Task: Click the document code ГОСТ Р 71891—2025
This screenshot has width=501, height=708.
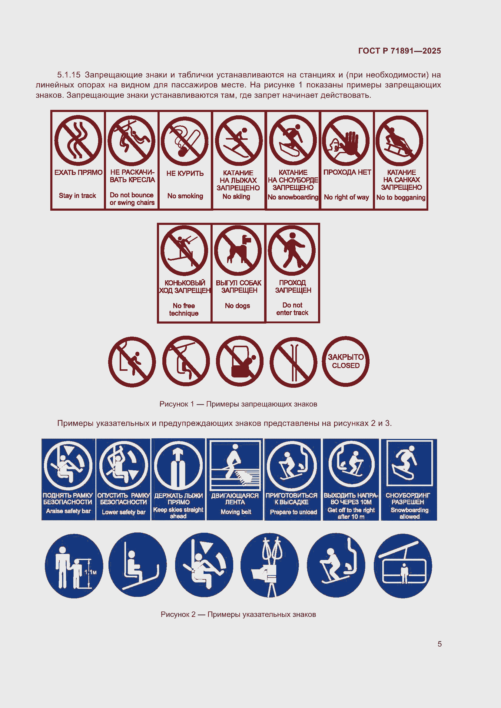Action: pyautogui.click(x=399, y=51)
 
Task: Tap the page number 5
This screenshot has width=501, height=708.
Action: pyautogui.click(x=439, y=644)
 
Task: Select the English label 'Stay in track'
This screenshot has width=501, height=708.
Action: pyautogui.click(x=78, y=196)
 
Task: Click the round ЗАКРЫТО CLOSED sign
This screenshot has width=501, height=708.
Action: pyautogui.click(x=346, y=361)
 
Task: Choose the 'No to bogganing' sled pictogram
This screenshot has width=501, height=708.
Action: pyautogui.click(x=399, y=141)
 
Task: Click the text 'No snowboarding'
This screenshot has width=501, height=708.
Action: pyautogui.click(x=293, y=197)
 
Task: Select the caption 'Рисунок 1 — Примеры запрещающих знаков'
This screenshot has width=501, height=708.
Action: pyautogui.click(x=238, y=404)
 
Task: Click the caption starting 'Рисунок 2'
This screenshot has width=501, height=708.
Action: pyautogui.click(x=238, y=614)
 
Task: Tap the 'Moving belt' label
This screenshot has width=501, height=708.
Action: pyautogui.click(x=236, y=512)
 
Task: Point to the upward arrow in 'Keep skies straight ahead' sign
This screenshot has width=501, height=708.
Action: pyautogui.click(x=178, y=454)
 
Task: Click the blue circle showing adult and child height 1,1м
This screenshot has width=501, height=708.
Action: pyautogui.click(x=74, y=566)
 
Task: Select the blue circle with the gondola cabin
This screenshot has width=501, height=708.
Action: pyautogui.click(x=403, y=566)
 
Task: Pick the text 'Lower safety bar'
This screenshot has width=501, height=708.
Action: pyautogui.click(x=123, y=512)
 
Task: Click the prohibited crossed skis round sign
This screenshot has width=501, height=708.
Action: pyautogui.click(x=293, y=362)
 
